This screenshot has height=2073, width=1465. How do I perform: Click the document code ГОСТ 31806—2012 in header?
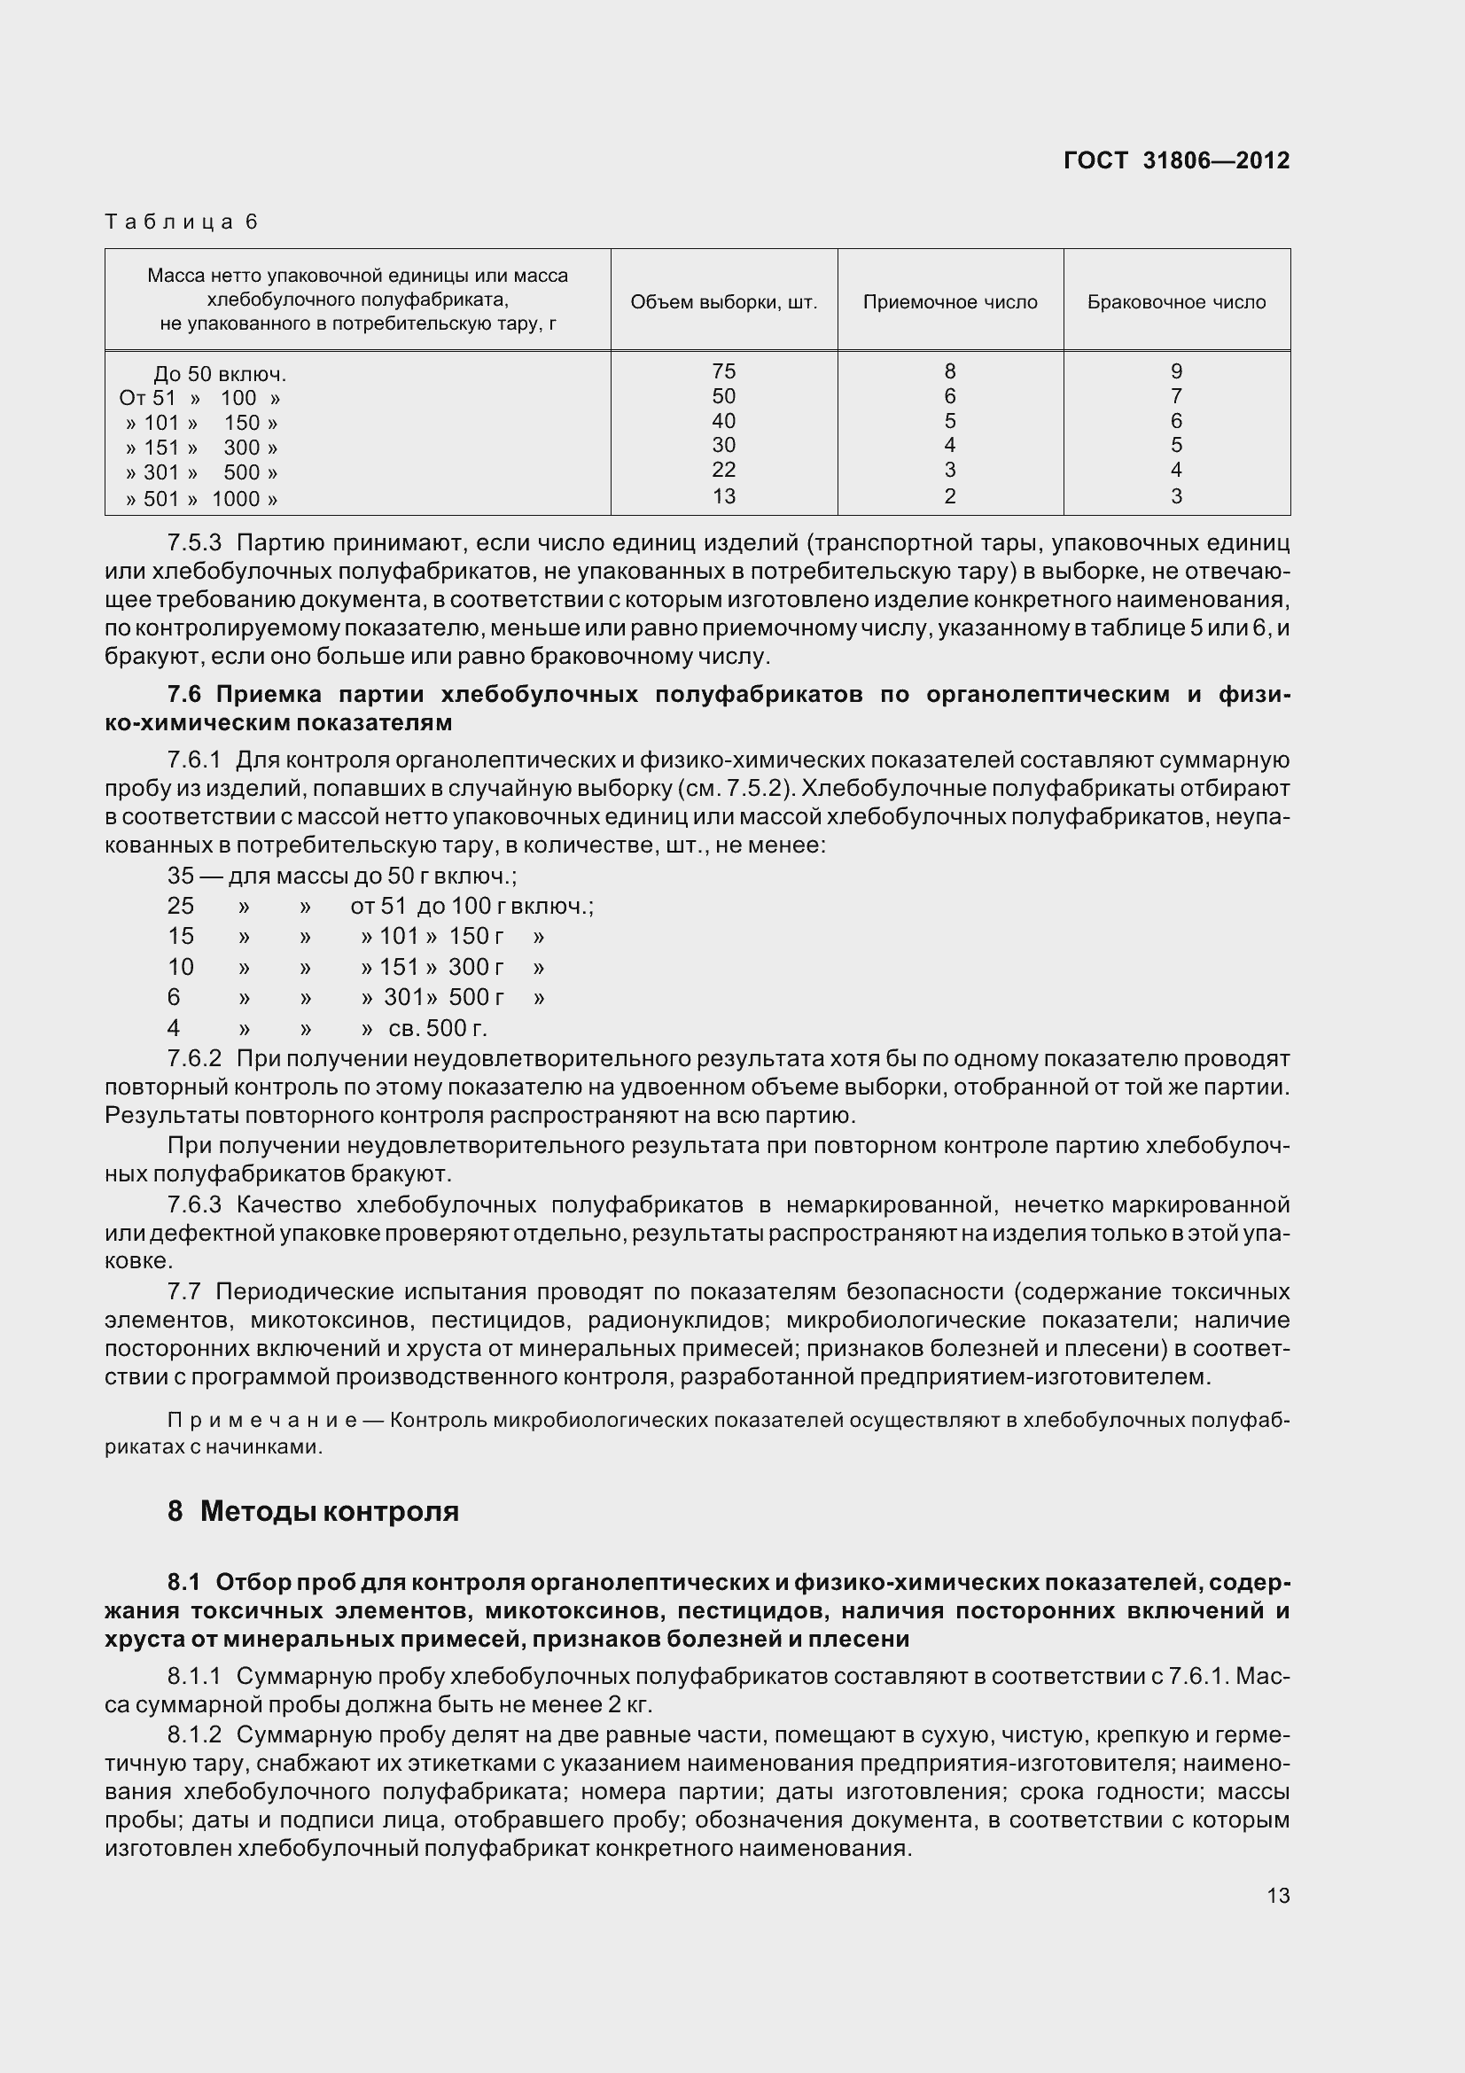click(1176, 160)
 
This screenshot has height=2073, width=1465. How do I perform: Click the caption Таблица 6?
click(182, 222)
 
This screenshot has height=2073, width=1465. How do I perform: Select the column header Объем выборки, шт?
click(723, 302)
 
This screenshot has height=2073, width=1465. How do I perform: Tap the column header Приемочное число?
click(949, 302)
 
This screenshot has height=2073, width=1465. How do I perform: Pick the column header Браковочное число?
click(1175, 302)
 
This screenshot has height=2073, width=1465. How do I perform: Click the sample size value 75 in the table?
click(723, 371)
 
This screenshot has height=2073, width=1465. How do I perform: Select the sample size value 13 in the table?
click(723, 495)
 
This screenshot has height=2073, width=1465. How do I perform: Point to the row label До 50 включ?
click(219, 374)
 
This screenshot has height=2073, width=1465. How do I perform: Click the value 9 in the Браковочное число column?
click(1175, 371)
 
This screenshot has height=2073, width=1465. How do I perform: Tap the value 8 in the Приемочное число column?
click(949, 371)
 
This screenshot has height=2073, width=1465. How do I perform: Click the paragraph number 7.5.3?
click(194, 543)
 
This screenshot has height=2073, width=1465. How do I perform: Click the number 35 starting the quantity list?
click(181, 876)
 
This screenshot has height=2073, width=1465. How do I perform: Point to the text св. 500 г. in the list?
click(437, 1027)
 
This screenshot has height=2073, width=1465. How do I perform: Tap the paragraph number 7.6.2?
click(194, 1058)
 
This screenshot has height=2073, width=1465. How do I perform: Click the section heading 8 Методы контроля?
click(313, 1511)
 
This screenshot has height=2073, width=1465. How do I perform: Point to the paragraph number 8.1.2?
click(194, 1734)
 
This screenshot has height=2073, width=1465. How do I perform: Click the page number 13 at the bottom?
click(1277, 1895)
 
